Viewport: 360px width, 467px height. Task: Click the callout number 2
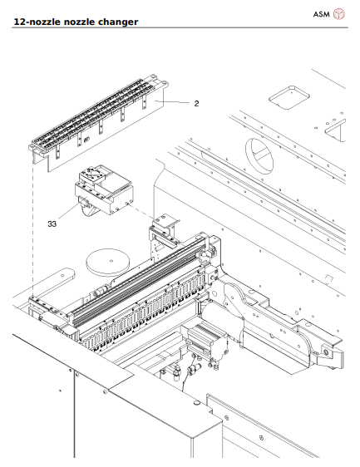pos(196,104)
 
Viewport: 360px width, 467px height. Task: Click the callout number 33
pos(52,224)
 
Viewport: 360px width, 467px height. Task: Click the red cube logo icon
pos(338,14)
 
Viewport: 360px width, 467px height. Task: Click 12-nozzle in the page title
pos(35,21)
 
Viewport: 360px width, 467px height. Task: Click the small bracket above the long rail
pos(162,226)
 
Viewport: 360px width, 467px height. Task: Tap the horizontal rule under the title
pos(180,27)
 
